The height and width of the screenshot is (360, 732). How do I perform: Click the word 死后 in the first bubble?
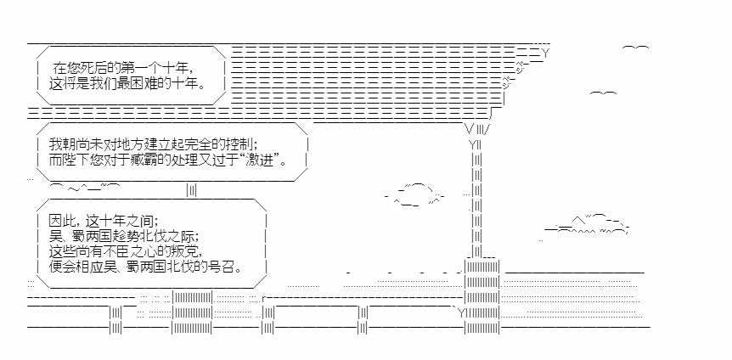click(x=95, y=67)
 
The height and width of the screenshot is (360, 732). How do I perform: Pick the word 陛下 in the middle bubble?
click(x=75, y=160)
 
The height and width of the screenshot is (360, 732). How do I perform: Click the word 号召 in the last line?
click(x=225, y=267)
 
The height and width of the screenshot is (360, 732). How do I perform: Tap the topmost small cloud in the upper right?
click(x=635, y=50)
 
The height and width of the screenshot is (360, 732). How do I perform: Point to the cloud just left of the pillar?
click(x=417, y=194)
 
